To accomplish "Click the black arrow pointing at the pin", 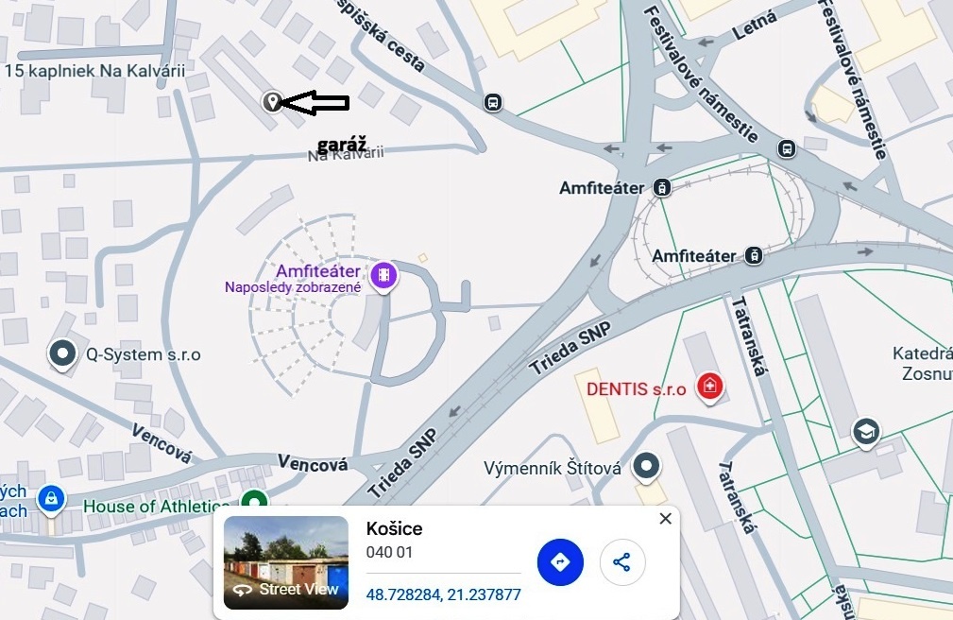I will point(316,103).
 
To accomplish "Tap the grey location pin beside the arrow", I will point(272,101).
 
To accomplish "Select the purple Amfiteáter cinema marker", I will point(383,275).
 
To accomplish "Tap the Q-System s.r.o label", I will point(144,355).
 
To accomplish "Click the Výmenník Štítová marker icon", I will point(646,465).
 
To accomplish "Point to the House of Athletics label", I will point(157,507).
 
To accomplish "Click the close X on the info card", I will point(666,519).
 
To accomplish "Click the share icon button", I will point(621,562).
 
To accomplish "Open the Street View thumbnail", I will point(286,562).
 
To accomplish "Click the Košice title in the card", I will point(394,529).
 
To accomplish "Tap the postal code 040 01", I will point(389,553).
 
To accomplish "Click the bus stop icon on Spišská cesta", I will point(492,103).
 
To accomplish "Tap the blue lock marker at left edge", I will point(49,497).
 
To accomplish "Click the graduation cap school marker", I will point(865,432).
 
